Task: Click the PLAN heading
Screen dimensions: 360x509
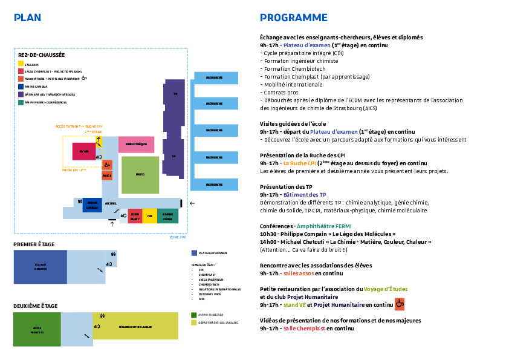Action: pyautogui.click(x=27, y=18)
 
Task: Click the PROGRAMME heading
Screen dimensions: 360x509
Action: pyautogui.click(x=293, y=18)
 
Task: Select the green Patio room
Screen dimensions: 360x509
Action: pyautogui.click(x=140, y=174)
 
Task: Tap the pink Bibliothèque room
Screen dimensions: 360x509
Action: pyautogui.click(x=136, y=144)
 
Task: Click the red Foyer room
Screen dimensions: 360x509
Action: pyautogui.click(x=84, y=151)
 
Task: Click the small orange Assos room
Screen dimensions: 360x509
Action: pyautogui.click(x=107, y=175)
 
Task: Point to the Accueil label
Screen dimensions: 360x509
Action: pyautogui.click(x=111, y=204)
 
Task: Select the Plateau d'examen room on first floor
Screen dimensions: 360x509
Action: pyautogui.click(x=40, y=267)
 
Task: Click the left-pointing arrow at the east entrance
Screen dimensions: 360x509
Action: pyautogui.click(x=192, y=204)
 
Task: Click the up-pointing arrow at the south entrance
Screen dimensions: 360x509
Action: pyautogui.click(x=111, y=225)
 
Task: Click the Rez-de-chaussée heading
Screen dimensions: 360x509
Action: pyautogui.click(x=41, y=54)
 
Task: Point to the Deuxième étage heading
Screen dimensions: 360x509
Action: pyautogui.click(x=35, y=306)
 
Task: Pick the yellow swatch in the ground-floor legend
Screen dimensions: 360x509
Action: pyautogui.click(x=21, y=64)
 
